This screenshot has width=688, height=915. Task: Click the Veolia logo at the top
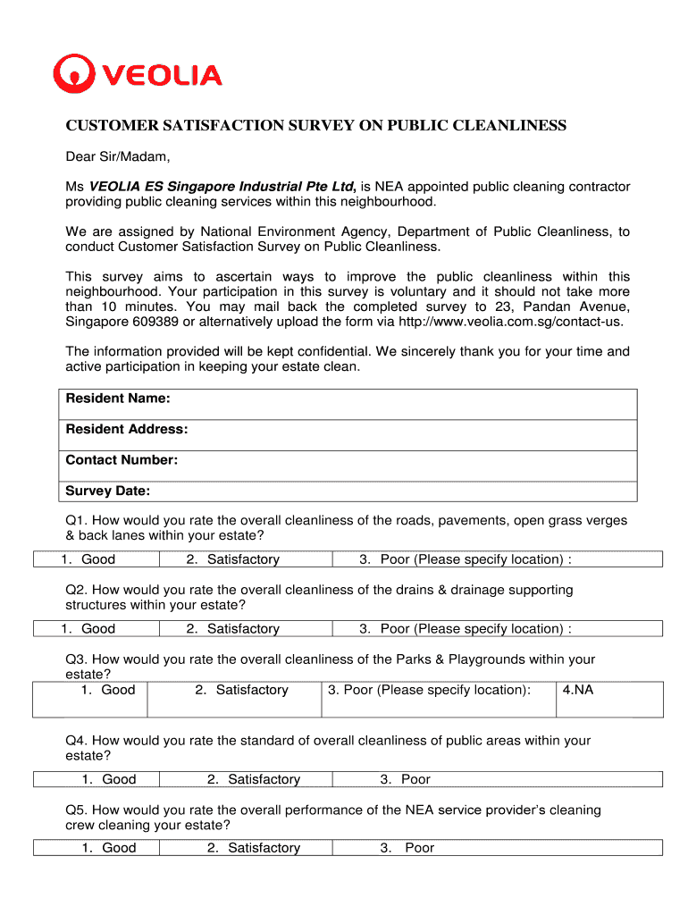pyautogui.click(x=137, y=74)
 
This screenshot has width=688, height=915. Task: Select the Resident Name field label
pyautogui.click(x=118, y=399)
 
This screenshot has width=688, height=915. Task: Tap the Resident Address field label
pyautogui.click(x=127, y=430)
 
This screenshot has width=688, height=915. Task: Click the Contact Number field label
pyautogui.click(x=122, y=461)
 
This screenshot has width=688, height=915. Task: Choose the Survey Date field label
pyautogui.click(x=107, y=491)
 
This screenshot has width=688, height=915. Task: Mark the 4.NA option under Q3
pyautogui.click(x=577, y=690)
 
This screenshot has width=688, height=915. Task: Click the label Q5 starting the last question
pyautogui.click(x=75, y=810)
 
